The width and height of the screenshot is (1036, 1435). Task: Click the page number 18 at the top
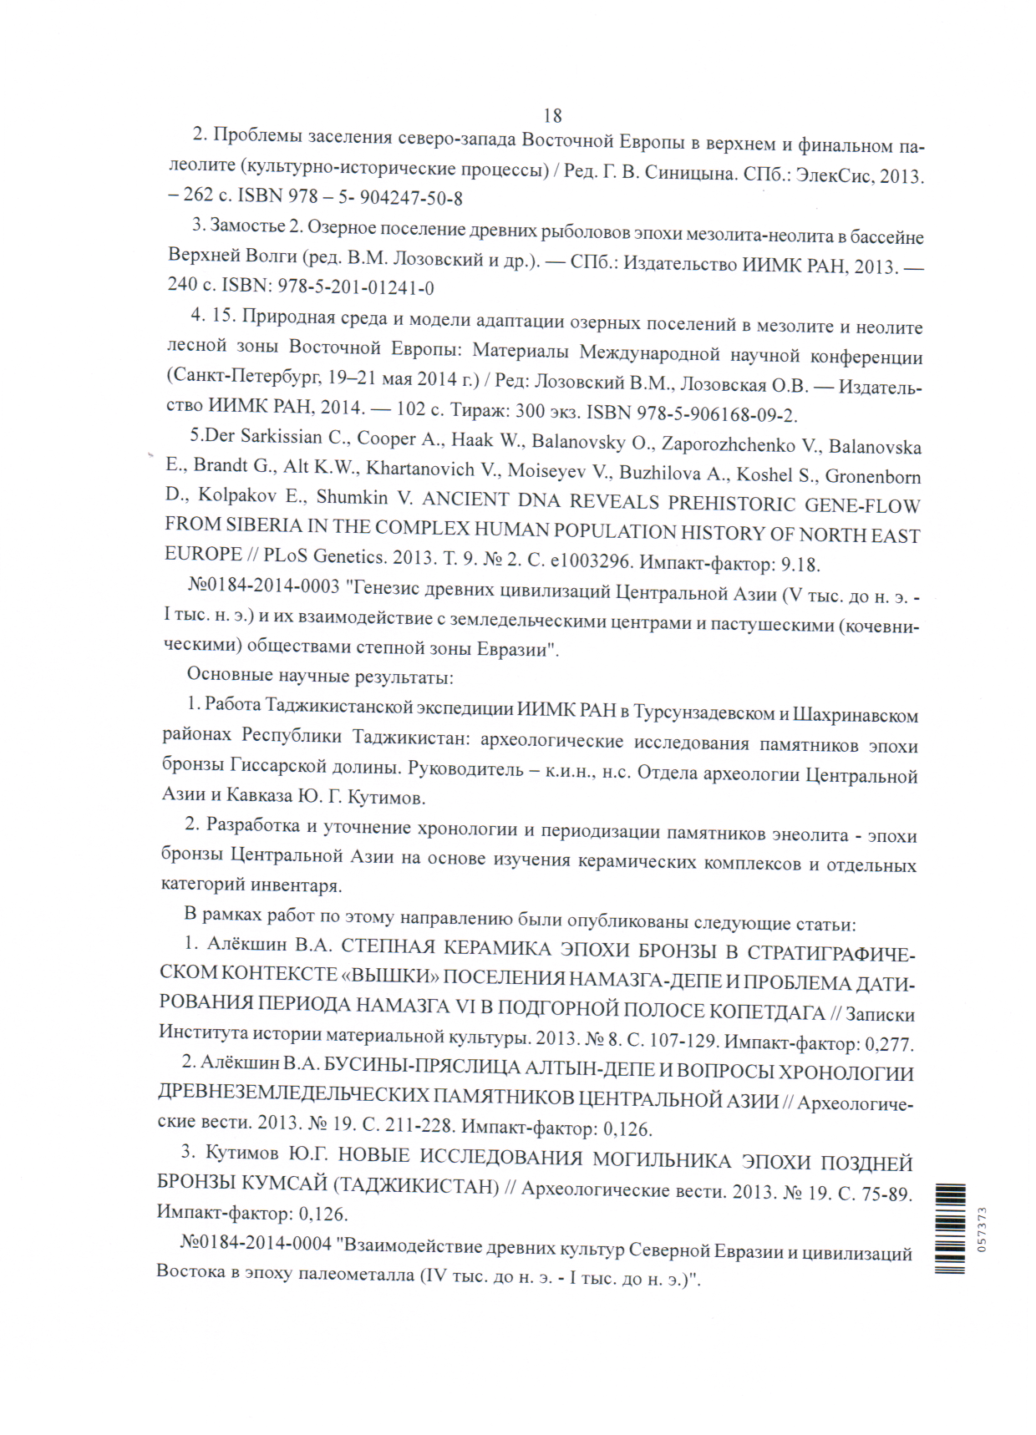pos(552,115)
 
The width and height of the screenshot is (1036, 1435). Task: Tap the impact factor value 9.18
pos(800,565)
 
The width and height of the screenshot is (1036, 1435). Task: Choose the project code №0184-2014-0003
pos(263,586)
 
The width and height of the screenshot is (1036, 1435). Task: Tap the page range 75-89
pos(886,1194)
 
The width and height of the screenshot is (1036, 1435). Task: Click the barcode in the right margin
pos(950,1229)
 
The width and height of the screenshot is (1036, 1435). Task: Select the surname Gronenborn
pos(873,476)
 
